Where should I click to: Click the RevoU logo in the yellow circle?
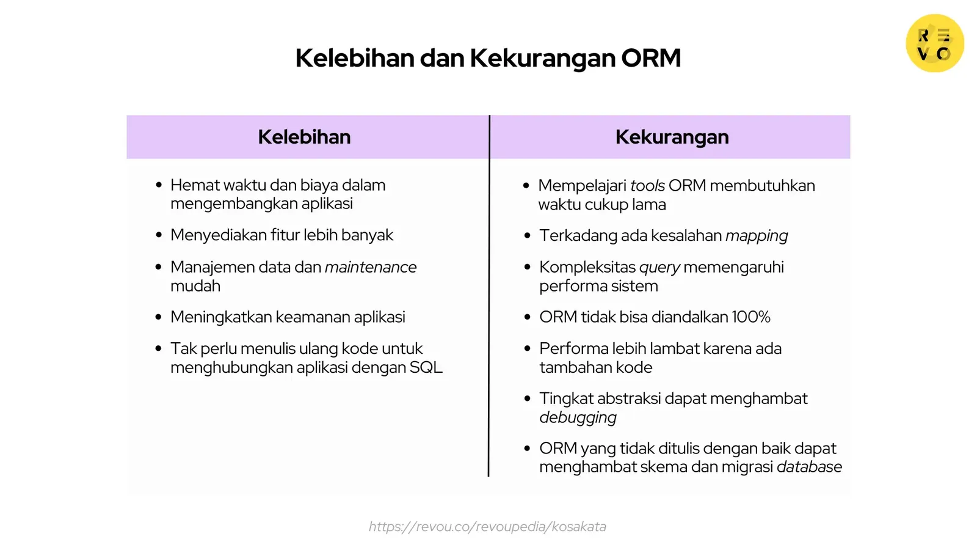click(934, 43)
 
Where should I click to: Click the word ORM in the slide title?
click(651, 58)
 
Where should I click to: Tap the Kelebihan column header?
click(304, 137)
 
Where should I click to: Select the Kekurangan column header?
click(672, 137)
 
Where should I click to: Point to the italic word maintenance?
click(371, 267)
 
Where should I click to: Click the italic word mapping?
click(757, 236)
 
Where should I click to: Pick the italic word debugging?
click(578, 417)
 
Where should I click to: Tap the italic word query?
click(659, 268)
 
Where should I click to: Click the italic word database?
click(809, 467)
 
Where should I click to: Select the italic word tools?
click(647, 186)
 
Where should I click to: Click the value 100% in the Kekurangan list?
click(751, 317)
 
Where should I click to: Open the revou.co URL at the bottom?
click(487, 527)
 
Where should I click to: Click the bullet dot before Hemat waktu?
click(159, 185)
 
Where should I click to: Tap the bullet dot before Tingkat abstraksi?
click(528, 398)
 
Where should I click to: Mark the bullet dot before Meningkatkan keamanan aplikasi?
click(159, 317)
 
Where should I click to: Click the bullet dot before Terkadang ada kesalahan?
click(528, 235)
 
